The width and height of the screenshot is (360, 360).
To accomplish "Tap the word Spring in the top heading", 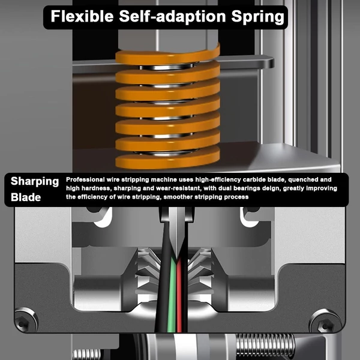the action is click(257, 17).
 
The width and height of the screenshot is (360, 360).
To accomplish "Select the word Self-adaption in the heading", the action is click(172, 17).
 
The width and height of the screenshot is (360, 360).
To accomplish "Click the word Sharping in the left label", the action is click(35, 181).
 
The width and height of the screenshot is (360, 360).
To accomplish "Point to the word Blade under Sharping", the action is click(26, 197).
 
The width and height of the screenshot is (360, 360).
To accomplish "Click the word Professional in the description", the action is click(85, 179).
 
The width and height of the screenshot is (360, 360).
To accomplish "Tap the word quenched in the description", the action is click(304, 179).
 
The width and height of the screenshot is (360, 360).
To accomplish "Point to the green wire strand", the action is click(172, 296).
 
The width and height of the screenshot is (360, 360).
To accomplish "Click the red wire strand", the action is click(179, 296).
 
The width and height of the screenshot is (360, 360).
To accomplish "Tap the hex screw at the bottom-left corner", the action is click(26, 320).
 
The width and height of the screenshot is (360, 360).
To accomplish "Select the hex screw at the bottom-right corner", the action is click(325, 321).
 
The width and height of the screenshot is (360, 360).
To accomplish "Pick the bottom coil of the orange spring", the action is click(167, 160).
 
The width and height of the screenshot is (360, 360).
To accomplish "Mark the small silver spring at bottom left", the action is click(87, 354).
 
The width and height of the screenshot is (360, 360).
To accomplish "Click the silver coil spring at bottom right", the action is click(265, 345).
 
